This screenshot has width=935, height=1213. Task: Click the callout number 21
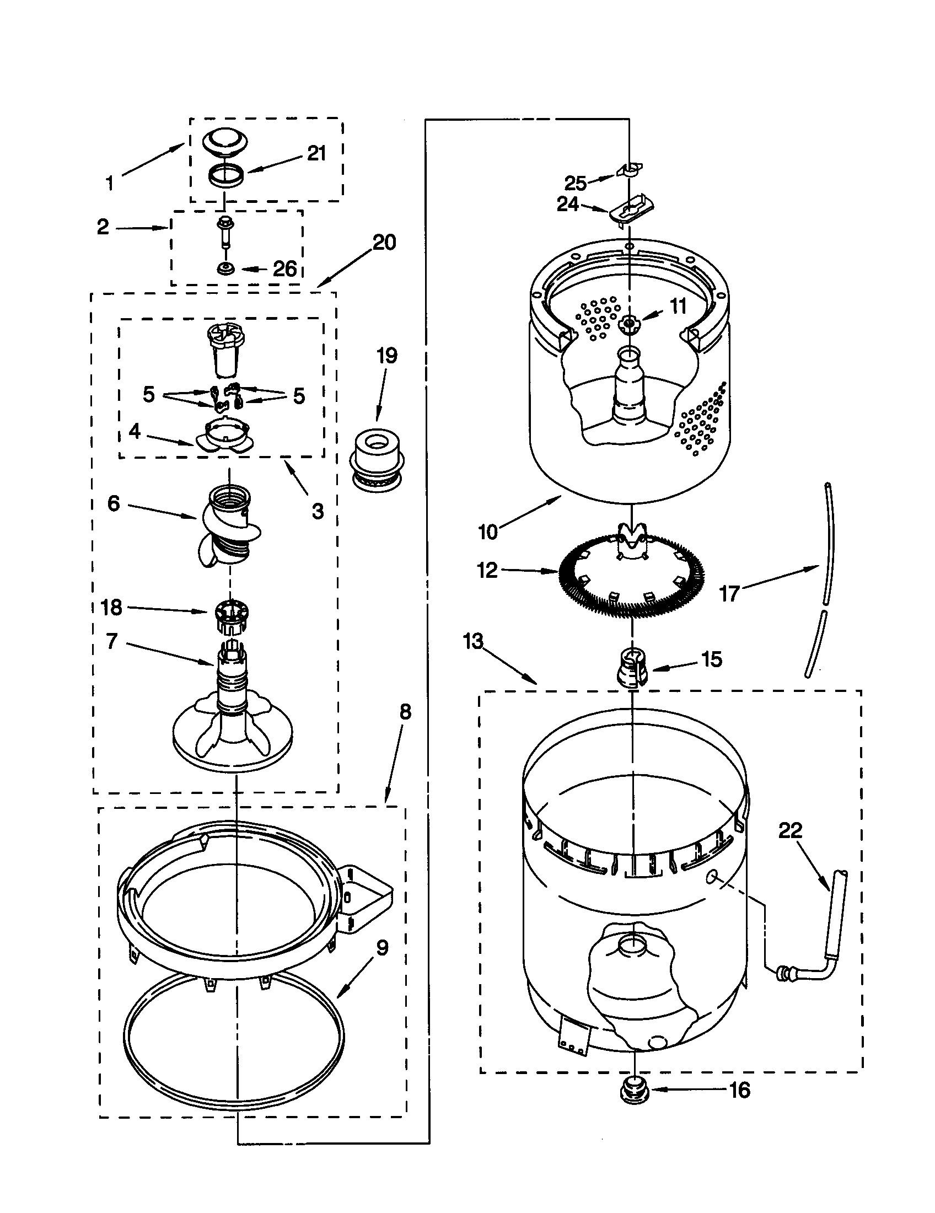coord(316,154)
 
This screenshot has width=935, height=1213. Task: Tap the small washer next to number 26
coord(225,269)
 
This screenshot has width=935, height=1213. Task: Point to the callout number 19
coord(387,356)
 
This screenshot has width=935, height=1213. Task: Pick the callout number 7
coord(112,641)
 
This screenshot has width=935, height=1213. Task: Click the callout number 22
coord(790,830)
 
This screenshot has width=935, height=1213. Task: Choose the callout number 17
coord(729,593)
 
